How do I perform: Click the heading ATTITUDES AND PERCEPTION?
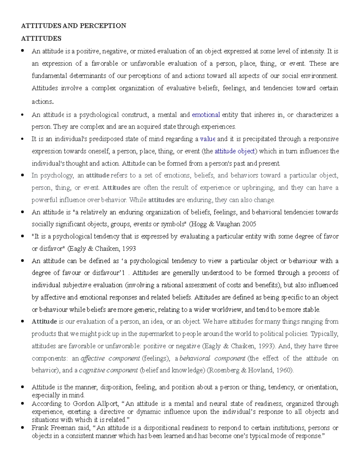tap(73, 26)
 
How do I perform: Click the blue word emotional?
tap(206, 115)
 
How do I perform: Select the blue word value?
tap(208, 139)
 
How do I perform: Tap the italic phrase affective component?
tap(110, 358)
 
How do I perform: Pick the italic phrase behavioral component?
tap(212, 358)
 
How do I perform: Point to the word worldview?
tap(228, 309)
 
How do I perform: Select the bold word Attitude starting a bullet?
tap(44, 322)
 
